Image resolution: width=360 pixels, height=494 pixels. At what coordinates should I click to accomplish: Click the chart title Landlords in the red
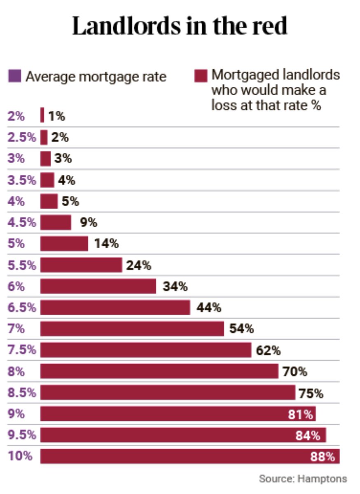[180, 27]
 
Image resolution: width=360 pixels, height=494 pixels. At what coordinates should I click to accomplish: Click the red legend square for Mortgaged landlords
[201, 76]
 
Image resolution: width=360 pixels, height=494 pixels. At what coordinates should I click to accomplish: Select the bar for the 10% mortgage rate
[189, 456]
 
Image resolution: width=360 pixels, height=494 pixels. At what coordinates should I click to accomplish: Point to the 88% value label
[325, 457]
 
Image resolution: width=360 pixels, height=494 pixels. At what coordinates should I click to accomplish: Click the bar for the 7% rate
[132, 329]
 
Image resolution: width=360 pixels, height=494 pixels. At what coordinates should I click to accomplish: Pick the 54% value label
[241, 329]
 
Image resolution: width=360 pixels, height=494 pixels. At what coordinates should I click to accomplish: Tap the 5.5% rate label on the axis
[21, 265]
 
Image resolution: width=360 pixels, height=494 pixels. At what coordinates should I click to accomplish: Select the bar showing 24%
[81, 265]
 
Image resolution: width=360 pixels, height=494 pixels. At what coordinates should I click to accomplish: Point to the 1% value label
[56, 116]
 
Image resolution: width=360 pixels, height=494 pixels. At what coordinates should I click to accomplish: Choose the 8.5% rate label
[21, 393]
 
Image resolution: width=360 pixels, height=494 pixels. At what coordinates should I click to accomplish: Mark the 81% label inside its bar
[300, 414]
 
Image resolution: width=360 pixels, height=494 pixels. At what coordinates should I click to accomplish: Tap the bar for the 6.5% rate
[115, 308]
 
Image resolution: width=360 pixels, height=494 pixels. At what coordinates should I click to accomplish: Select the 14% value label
[106, 244]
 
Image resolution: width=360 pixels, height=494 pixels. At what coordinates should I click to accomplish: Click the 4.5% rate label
[21, 223]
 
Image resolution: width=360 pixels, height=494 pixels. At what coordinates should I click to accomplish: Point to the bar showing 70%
[159, 371]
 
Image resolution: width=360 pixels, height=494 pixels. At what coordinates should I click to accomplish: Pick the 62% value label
[268, 350]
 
